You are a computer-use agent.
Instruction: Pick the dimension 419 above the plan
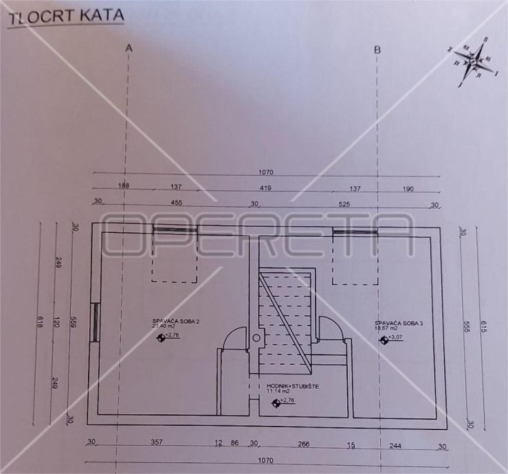tap(265, 188)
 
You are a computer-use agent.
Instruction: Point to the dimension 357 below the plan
tap(156, 443)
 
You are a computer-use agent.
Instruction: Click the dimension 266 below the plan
tap(304, 444)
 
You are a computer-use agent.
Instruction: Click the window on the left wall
tap(96, 321)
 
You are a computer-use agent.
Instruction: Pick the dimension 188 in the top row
tap(123, 187)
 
